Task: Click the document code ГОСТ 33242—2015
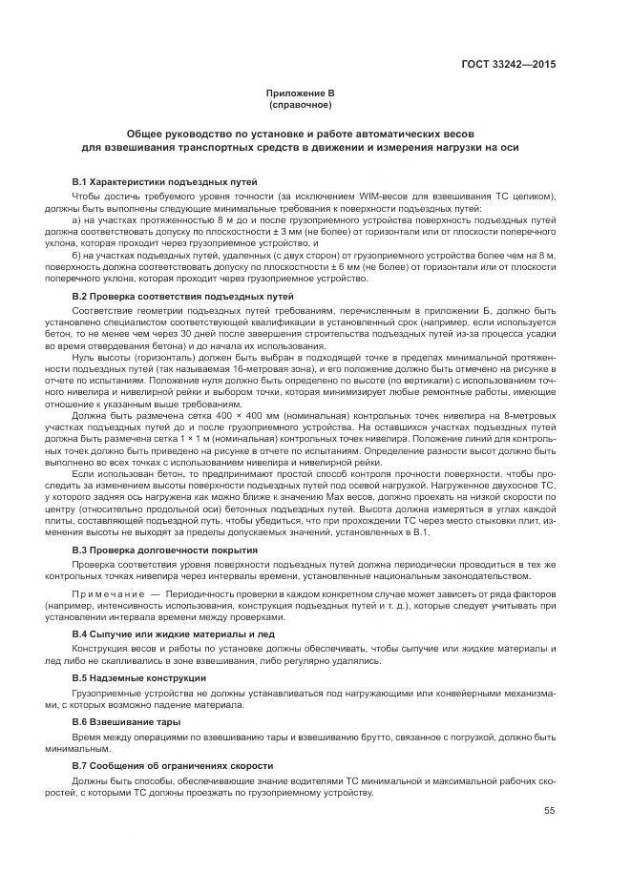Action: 509,65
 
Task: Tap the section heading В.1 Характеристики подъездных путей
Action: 164,181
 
